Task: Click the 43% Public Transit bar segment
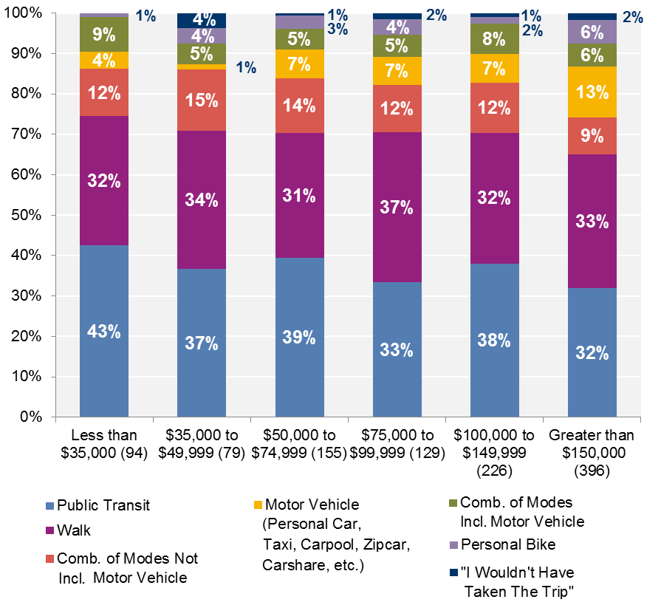pos(104,331)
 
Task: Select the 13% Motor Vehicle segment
pos(592,92)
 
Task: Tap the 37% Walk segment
pos(397,208)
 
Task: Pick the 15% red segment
pos(202,100)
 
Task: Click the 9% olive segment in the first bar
pos(104,34)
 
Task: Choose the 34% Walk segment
pos(202,199)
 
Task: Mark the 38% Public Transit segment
pos(494,340)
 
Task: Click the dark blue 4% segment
pos(202,20)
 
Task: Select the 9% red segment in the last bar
pos(592,136)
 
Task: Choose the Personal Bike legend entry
pos(502,545)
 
